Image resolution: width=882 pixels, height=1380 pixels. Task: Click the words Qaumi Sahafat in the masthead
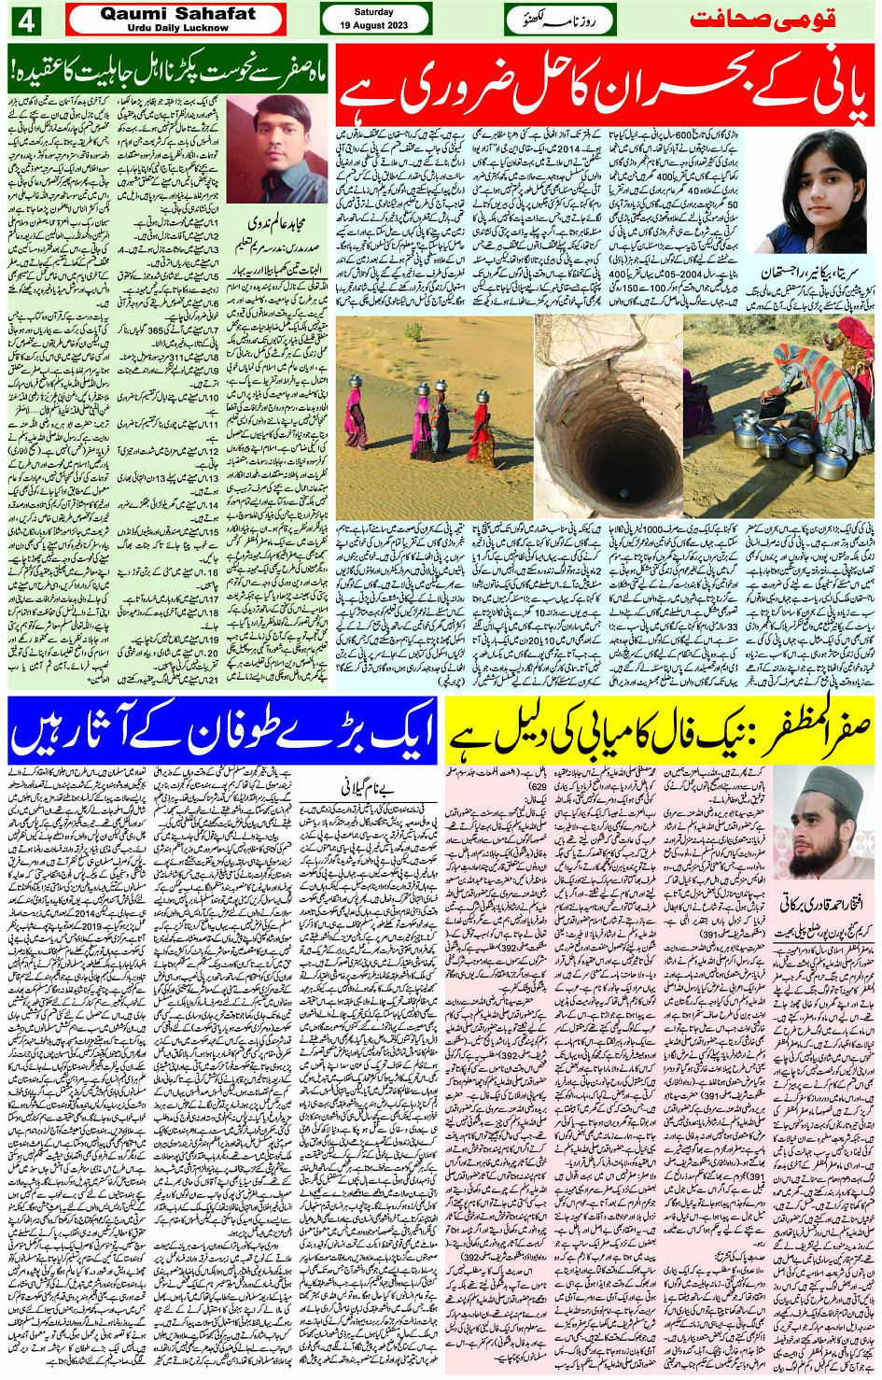[176, 14]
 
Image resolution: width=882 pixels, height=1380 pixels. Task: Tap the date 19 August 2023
[374, 25]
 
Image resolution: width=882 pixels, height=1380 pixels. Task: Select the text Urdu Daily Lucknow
[176, 28]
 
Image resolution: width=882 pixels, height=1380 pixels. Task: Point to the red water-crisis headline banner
[605, 88]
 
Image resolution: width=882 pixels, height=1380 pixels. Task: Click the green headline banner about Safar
[168, 68]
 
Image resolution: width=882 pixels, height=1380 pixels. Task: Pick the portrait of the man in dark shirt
[277, 148]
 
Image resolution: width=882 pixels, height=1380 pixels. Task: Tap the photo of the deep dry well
[608, 415]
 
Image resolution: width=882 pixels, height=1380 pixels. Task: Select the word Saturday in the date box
[374, 12]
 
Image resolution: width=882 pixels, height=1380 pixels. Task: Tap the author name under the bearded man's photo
[820, 901]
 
